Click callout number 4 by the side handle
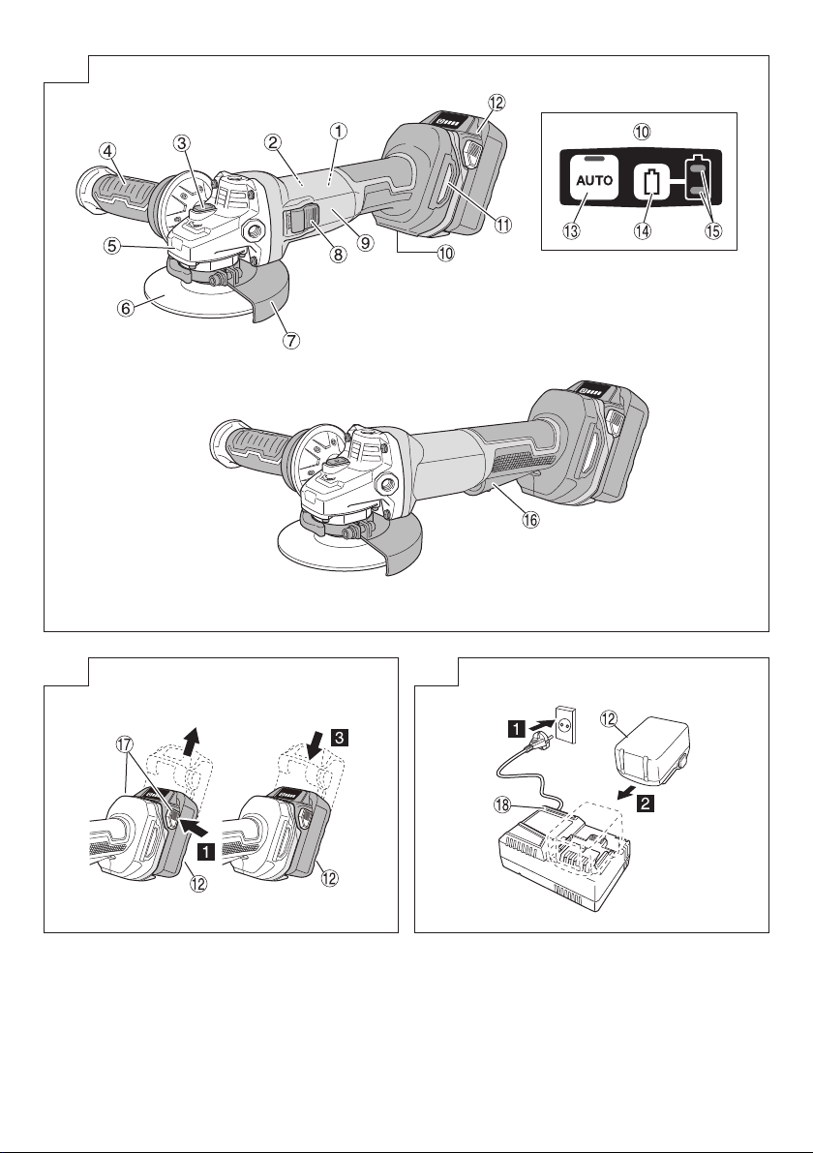pos(108,151)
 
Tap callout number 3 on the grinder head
pos(182,142)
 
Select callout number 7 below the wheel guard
pos(292,341)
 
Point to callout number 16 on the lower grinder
pos(530,519)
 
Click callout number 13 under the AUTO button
pos(571,230)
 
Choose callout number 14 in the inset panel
pos(643,230)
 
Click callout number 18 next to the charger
pos(502,804)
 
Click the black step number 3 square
pos(340,737)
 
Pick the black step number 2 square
pos(644,803)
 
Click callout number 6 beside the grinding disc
pos(127,308)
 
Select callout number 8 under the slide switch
pos(337,255)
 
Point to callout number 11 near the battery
pos(502,225)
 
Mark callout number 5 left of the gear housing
pos(111,246)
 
